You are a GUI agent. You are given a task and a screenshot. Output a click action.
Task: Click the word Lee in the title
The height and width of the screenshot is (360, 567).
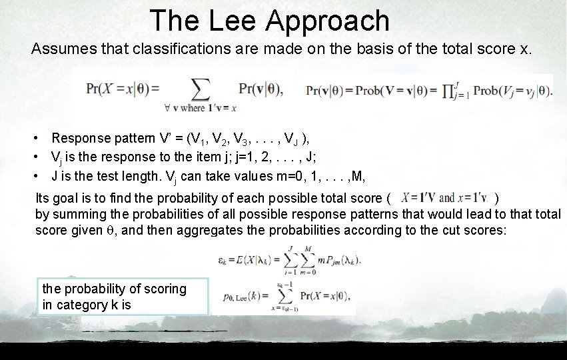point(233,21)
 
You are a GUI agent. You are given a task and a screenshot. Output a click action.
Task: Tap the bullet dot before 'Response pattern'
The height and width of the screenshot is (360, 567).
point(40,139)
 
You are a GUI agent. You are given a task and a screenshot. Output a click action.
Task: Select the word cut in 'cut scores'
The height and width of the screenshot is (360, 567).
point(453,230)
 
